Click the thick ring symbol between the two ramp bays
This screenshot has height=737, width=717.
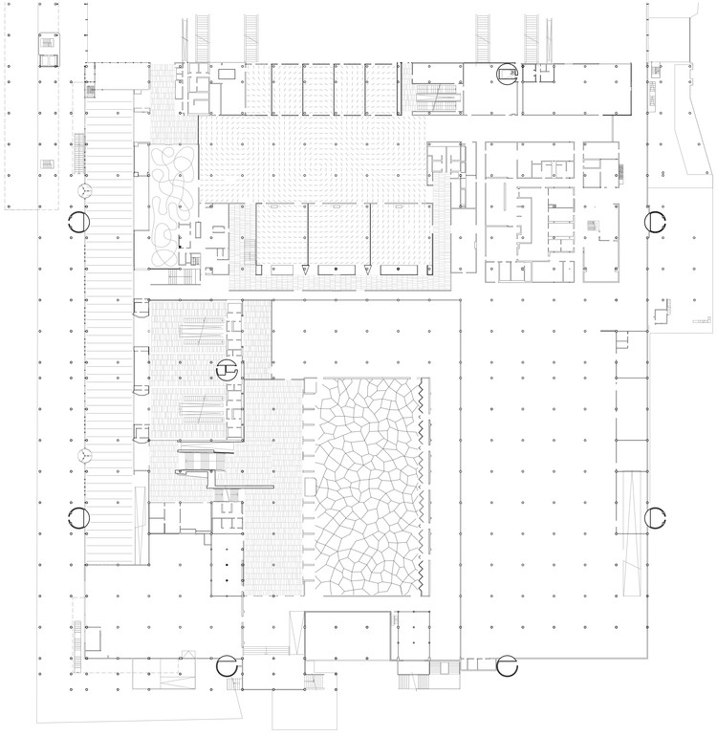coord(228,367)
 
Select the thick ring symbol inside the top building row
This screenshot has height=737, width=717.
coord(507,73)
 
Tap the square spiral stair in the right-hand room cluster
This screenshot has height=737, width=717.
coord(593,227)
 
